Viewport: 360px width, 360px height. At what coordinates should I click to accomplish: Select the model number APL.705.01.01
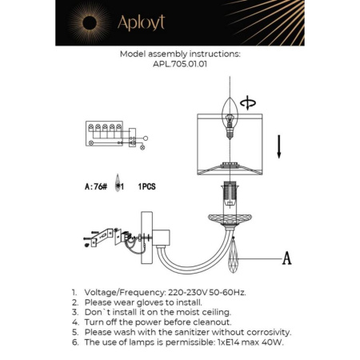(x=179, y=66)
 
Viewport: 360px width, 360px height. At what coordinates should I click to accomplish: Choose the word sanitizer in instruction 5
(x=194, y=332)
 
